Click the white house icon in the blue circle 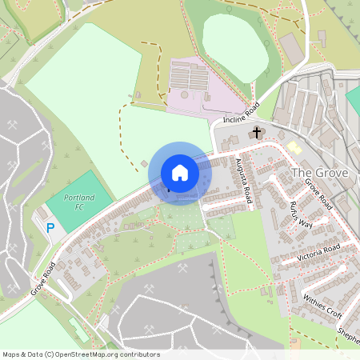(180, 173)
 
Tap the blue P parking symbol (50, 229)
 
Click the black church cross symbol (257, 133)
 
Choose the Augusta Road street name (244, 182)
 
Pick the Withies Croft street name (322, 302)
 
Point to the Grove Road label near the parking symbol (43, 277)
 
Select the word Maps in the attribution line (12, 354)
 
